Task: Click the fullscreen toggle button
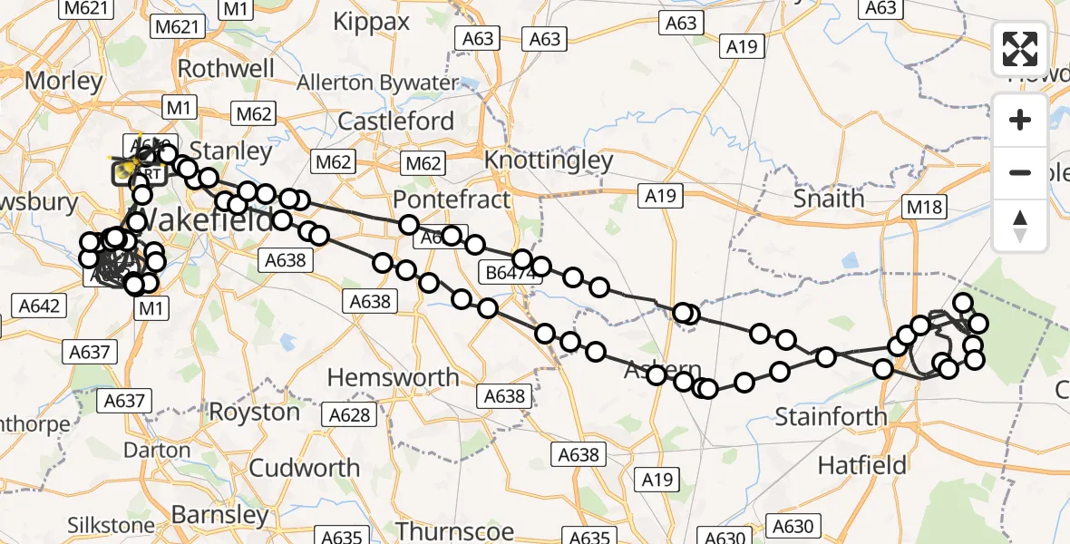(x=1020, y=49)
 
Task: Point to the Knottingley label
(x=549, y=160)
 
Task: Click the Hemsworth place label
(x=393, y=376)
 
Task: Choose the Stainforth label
(x=831, y=417)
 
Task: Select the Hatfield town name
(x=861, y=465)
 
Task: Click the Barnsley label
(x=220, y=515)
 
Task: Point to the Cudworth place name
(x=304, y=468)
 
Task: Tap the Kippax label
(x=372, y=22)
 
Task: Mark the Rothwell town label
(x=226, y=69)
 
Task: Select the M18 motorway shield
(x=923, y=209)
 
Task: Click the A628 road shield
(x=350, y=414)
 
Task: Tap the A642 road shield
(x=38, y=306)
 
